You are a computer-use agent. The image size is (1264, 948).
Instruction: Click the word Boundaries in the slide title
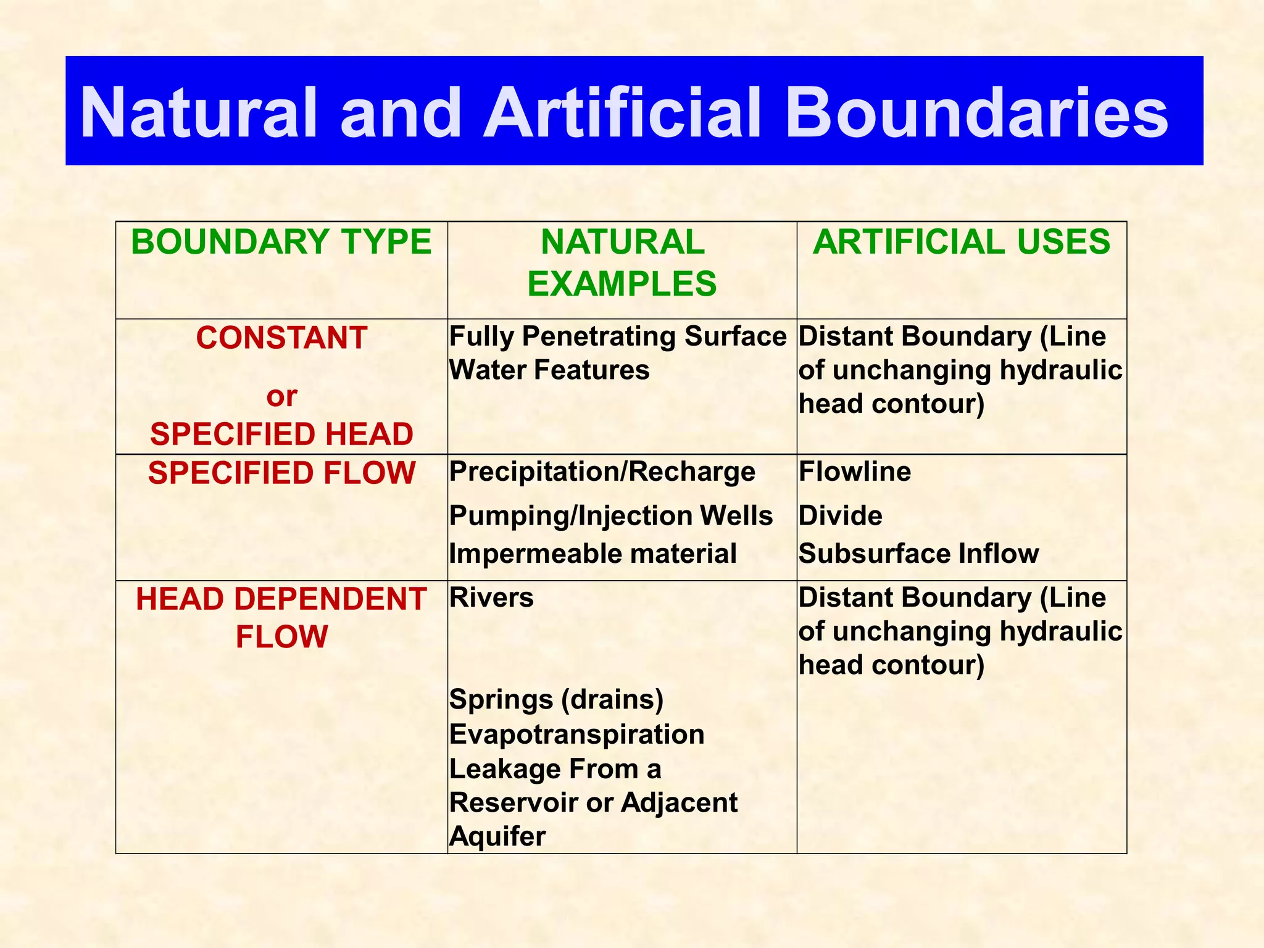tap(976, 112)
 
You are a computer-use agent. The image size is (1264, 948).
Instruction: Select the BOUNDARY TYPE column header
tap(281, 242)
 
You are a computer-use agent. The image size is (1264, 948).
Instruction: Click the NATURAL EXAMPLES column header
tap(622, 263)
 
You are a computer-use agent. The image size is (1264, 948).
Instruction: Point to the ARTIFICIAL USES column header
tap(962, 242)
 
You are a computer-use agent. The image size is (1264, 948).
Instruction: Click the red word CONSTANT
tap(281, 338)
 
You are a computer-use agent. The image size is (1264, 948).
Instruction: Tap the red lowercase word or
tap(281, 396)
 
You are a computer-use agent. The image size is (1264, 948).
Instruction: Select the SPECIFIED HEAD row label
tap(281, 434)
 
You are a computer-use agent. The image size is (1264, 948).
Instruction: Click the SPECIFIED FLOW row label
tap(281, 473)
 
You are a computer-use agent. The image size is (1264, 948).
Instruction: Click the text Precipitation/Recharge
tap(602, 472)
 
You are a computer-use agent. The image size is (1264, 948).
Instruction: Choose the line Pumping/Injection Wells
tap(610, 516)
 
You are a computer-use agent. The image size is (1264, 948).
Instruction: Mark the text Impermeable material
tap(592, 554)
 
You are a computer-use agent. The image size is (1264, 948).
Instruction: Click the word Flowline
tap(854, 472)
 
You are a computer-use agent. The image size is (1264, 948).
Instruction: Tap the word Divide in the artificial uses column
tap(840, 516)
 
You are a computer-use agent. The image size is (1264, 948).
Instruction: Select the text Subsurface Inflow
tap(918, 554)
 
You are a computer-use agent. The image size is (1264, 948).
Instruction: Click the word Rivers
tap(491, 598)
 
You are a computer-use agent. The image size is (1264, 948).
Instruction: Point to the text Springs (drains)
tap(556, 700)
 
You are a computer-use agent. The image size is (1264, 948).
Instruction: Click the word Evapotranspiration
tap(576, 734)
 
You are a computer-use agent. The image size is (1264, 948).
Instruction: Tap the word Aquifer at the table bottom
tap(497, 837)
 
